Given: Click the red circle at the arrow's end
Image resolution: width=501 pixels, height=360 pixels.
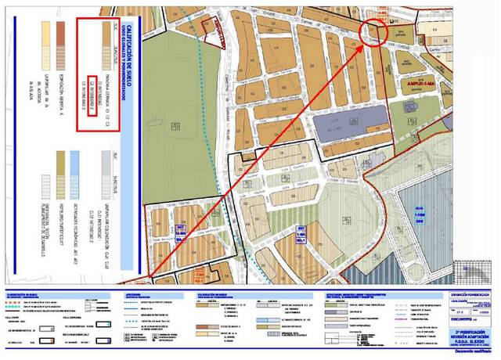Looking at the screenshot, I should point(373,33).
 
